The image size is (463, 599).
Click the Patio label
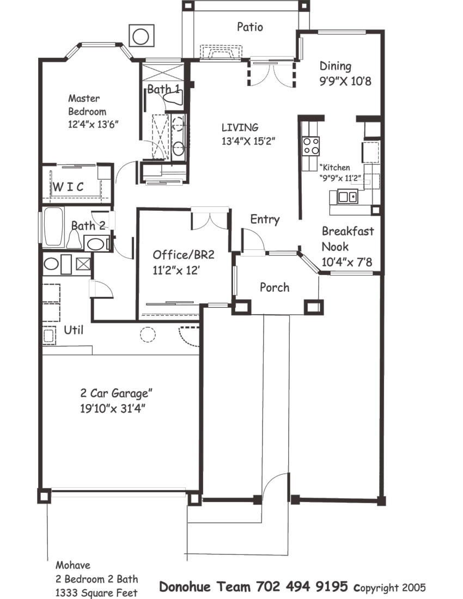click(x=250, y=27)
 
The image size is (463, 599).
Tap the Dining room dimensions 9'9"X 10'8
click(x=345, y=81)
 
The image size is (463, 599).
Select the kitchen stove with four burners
click(x=310, y=146)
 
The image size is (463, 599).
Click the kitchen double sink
click(x=348, y=197)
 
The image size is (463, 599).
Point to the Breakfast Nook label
click(x=348, y=239)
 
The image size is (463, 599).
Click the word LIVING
click(x=240, y=127)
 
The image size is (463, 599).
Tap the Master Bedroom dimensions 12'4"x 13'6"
click(x=93, y=125)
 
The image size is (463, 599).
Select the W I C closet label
click(x=69, y=187)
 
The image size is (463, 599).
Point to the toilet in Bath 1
click(x=173, y=98)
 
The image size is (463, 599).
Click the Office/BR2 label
click(x=184, y=255)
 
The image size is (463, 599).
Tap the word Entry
click(x=265, y=219)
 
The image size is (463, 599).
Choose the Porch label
click(x=275, y=288)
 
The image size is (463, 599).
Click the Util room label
click(x=74, y=329)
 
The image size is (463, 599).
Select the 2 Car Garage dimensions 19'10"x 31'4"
click(x=113, y=408)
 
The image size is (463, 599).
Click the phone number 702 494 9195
click(x=301, y=586)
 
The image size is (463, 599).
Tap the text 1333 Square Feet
click(x=96, y=593)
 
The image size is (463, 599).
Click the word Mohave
click(x=73, y=565)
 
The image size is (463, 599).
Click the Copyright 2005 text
click(x=389, y=587)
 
